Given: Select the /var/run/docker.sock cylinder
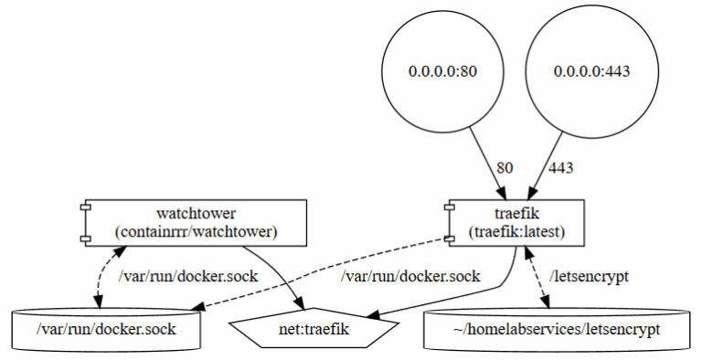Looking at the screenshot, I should coord(106,328).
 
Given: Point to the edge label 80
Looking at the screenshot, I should coord(505,168).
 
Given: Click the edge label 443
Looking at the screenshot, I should coord(560,168).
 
